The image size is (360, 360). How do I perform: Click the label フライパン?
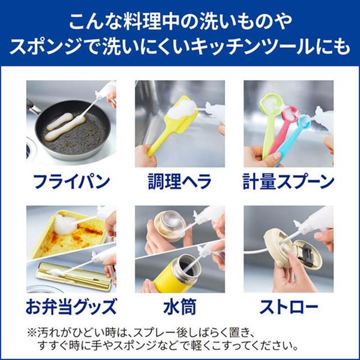tap(71, 181)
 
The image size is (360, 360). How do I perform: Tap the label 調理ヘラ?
tap(179, 181)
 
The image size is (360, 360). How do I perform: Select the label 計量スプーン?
tap(289, 181)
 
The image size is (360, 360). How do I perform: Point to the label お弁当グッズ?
tap(71, 306)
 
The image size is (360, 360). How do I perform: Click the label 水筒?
tap(179, 306)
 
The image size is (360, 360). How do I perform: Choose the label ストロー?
tap(289, 306)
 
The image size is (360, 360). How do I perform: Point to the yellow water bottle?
tap(177, 274)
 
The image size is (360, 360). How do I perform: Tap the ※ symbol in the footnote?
tap(31, 332)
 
